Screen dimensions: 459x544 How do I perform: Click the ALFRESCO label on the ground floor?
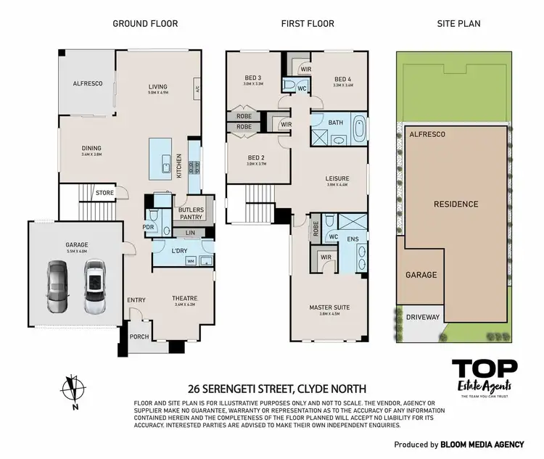click(87, 84)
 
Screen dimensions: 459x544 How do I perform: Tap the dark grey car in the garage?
click(58, 286)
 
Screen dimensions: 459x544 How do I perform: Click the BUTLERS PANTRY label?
click(191, 212)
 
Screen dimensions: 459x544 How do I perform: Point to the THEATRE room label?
click(186, 299)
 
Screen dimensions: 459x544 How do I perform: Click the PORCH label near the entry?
click(139, 336)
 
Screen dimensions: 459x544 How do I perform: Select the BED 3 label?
click(254, 78)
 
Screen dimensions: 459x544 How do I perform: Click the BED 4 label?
click(343, 80)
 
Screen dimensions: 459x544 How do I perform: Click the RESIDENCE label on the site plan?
click(456, 204)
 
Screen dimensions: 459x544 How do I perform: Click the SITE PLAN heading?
click(458, 24)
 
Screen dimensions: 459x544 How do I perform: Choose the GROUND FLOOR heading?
click(145, 24)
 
